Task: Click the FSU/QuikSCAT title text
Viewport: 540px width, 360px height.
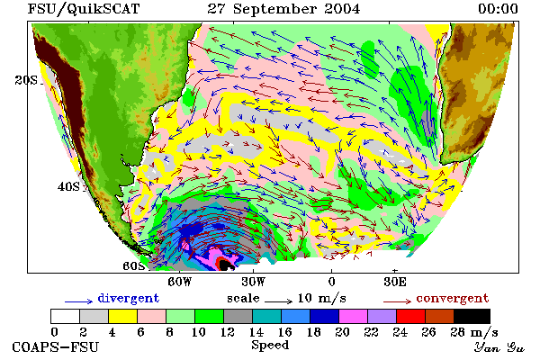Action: [x=84, y=9]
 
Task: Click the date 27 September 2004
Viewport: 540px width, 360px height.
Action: [x=283, y=9]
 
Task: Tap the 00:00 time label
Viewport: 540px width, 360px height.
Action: [x=498, y=9]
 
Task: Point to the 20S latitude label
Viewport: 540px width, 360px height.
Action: [x=26, y=80]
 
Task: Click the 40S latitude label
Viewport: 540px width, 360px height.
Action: [x=68, y=186]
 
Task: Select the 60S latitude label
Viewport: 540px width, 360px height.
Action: [x=133, y=265]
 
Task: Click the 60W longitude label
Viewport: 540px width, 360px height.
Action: [x=179, y=282]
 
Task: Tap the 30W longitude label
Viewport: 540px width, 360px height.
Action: [x=253, y=282]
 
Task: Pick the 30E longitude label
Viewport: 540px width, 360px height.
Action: [x=395, y=282]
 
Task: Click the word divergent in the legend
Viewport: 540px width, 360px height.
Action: [x=129, y=298]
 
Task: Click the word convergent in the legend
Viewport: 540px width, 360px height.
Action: [x=453, y=298]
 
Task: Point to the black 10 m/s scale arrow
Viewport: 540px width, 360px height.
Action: [x=278, y=301]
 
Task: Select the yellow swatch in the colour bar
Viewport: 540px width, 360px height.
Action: [x=123, y=316]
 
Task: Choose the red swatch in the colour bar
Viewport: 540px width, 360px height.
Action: [x=411, y=316]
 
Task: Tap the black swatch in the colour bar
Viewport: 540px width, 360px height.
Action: [x=472, y=316]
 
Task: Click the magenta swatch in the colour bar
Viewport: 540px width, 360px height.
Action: [x=354, y=316]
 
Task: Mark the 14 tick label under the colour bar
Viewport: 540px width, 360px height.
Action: [x=256, y=332]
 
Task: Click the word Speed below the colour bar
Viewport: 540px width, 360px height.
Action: [x=270, y=345]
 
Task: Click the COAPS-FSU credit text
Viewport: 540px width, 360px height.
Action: [x=56, y=346]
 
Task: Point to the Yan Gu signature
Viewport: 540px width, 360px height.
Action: [x=499, y=347]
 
